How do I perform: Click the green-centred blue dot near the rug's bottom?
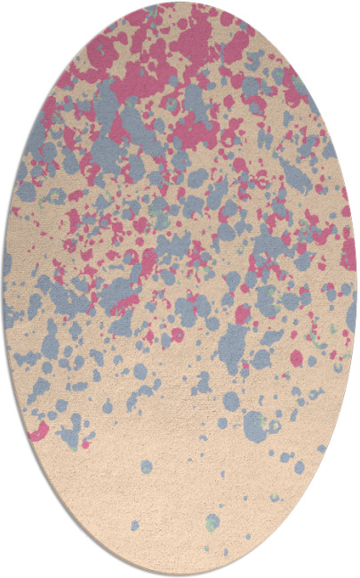(x=212, y=522)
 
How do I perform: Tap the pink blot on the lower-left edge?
(x=38, y=432)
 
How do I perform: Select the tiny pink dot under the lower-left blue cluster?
(x=86, y=442)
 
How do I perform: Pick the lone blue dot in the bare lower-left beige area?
(x=146, y=466)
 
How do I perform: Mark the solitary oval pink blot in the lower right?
(x=296, y=358)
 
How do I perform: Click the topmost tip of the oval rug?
(x=180, y=3)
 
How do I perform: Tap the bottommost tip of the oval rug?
(x=180, y=575)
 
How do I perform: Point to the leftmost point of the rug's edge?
(x=3, y=289)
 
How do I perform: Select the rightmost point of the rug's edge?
(x=357, y=289)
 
